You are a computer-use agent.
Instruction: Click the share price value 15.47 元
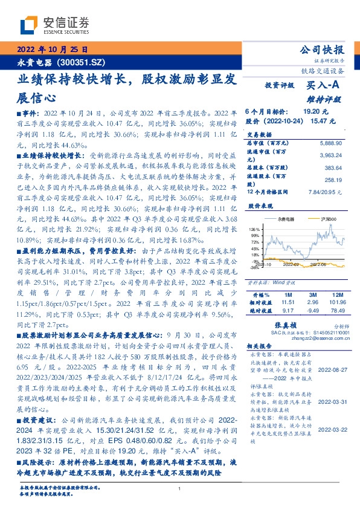[x=323, y=121]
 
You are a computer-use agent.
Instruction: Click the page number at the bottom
[x=180, y=488]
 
